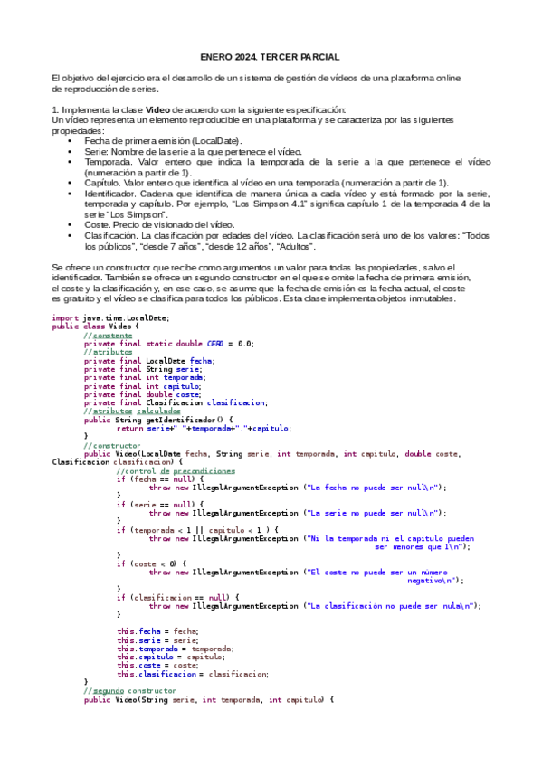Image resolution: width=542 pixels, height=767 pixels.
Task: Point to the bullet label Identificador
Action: pyautogui.click(x=110, y=193)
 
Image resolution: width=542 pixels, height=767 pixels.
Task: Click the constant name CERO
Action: pyautogui.click(x=216, y=344)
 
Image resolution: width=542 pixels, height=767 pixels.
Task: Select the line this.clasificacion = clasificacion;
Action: pyautogui.click(x=193, y=673)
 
